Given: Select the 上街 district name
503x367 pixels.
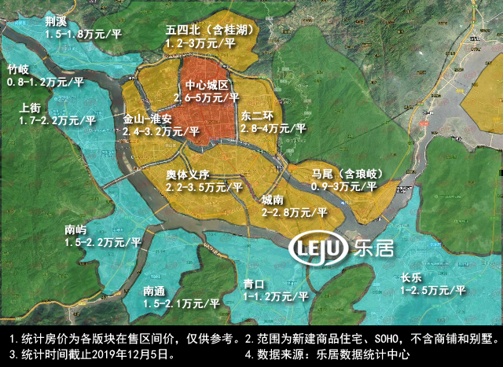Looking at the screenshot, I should click(x=32, y=108).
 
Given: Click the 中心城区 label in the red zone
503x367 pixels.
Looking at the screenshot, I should click(x=206, y=85).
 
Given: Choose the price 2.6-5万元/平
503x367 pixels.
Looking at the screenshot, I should click(x=206, y=97).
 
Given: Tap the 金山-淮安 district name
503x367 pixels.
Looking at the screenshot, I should click(x=147, y=120).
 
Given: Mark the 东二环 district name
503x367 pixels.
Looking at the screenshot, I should click(x=257, y=114).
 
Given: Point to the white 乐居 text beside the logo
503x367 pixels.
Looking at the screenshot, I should click(x=374, y=250).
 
